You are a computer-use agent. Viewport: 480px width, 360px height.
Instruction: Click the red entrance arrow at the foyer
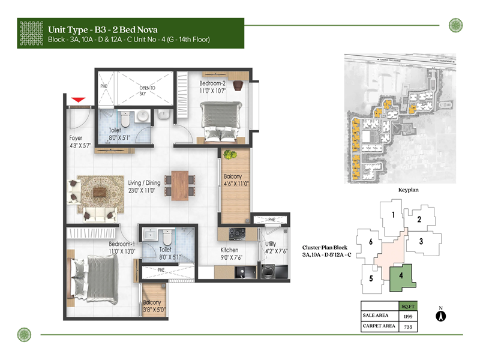[x=77, y=99]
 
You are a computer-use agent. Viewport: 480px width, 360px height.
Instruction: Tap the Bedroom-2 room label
[x=213, y=86]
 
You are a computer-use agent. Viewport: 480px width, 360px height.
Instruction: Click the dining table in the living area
[x=180, y=184]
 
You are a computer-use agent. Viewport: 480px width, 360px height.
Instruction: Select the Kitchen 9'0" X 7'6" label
[x=229, y=253]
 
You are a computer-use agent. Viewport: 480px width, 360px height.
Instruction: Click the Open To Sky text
[x=147, y=91]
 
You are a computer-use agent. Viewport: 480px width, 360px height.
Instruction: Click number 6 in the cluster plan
[x=371, y=242]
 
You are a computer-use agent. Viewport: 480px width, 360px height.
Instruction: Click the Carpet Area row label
[x=379, y=327]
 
